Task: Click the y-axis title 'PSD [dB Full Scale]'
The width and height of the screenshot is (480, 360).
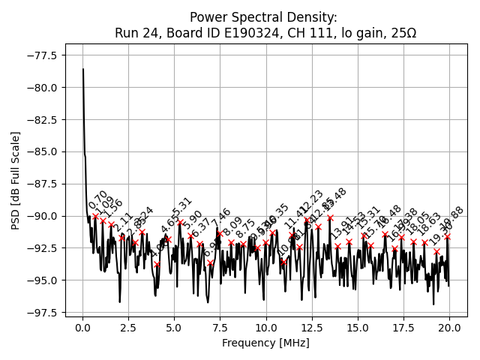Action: tap(16, 180)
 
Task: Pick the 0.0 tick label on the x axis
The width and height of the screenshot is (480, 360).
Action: tap(83, 328)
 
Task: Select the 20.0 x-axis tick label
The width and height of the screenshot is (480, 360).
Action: tap(449, 328)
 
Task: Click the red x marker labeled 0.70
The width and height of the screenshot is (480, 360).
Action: tap(96, 217)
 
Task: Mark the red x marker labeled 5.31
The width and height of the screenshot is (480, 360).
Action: tap(181, 223)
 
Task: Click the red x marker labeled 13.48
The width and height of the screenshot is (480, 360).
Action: tap(330, 218)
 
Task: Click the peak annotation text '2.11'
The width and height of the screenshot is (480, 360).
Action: tap(123, 223)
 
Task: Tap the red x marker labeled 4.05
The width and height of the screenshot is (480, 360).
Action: tap(157, 264)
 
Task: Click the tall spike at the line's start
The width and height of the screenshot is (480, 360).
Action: tap(83, 70)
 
